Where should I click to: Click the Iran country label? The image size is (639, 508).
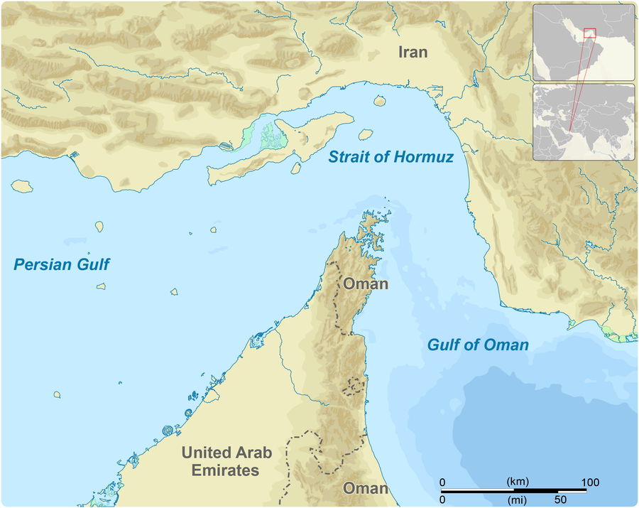coord(413,52)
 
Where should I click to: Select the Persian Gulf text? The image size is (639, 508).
coord(62,265)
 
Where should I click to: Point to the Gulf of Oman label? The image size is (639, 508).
coord(478,345)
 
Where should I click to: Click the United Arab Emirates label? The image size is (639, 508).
coord(220,461)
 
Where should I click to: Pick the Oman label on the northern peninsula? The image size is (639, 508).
coord(366,284)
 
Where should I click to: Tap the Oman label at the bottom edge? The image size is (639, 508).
coord(366,488)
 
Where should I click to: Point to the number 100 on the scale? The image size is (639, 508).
coord(590,482)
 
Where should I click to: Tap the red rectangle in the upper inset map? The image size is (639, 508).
coord(589,33)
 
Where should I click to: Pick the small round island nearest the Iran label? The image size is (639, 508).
coord(379,101)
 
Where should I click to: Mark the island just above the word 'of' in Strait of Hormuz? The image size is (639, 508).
coord(366,134)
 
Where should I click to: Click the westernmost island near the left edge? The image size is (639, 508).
coord(22,185)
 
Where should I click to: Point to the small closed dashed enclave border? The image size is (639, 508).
coord(356,387)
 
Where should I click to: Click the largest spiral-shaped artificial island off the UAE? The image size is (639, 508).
coord(168,431)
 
